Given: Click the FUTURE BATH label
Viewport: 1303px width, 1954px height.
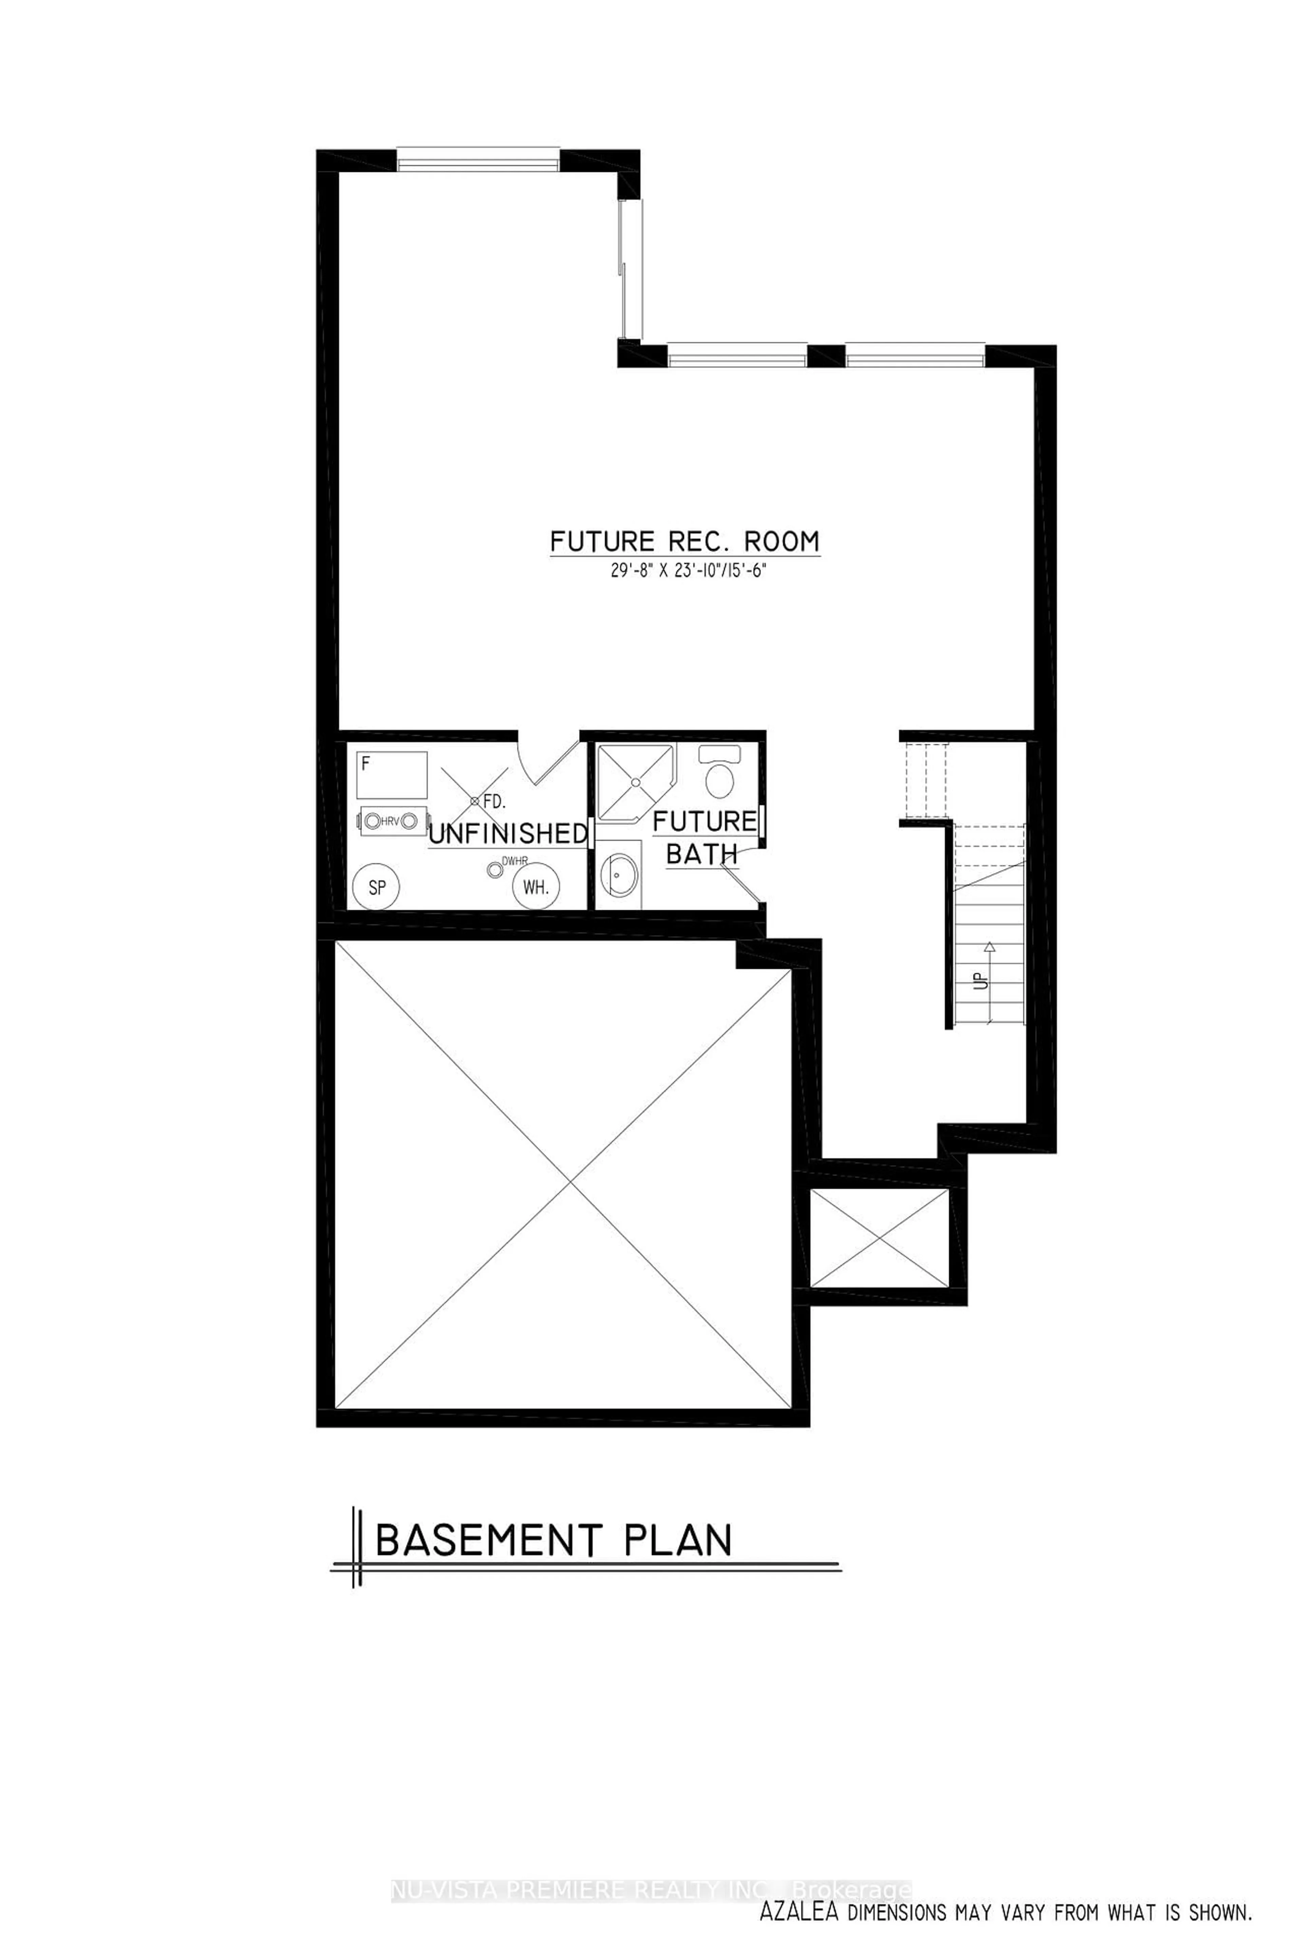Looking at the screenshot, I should click(703, 838).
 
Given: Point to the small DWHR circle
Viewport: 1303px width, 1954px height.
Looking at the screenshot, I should click(496, 869).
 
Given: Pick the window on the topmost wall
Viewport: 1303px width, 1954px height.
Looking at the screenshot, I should click(478, 159).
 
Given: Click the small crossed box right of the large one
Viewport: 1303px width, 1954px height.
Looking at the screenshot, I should click(879, 1238).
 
